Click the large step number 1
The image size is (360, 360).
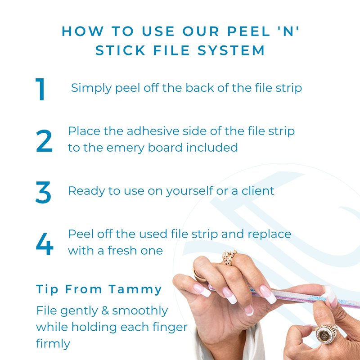point(40,89)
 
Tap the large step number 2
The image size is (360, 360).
point(44,141)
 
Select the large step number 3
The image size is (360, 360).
point(43,193)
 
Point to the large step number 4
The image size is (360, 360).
point(45,244)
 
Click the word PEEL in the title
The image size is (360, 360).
point(249,31)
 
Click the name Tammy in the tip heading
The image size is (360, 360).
point(135,290)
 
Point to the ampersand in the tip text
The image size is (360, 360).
point(105,310)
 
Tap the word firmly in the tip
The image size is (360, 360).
point(53,344)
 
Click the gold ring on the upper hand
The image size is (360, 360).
point(229,257)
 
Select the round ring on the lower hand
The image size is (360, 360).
point(326,333)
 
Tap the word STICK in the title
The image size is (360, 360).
point(120,50)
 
